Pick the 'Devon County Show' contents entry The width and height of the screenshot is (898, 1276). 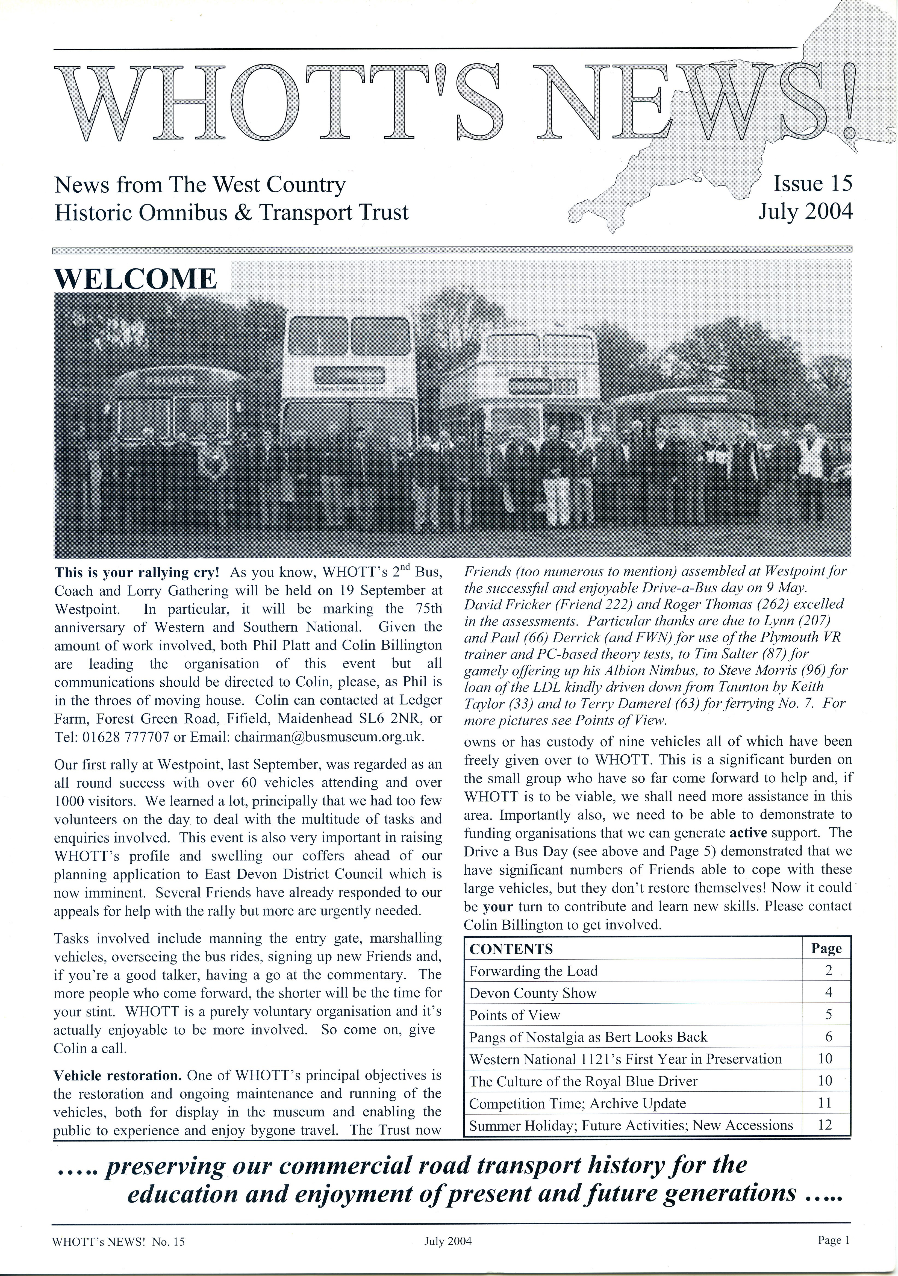[x=532, y=993]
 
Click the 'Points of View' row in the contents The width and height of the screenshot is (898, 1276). [x=515, y=1015]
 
